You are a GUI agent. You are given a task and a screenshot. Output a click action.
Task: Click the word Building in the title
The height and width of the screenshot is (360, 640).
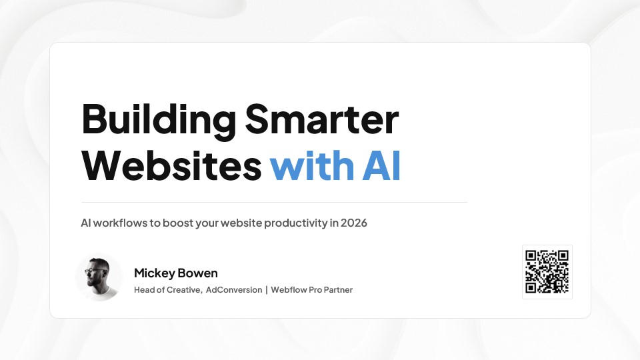(x=159, y=121)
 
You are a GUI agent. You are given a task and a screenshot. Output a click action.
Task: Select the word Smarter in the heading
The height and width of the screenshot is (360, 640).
(x=322, y=119)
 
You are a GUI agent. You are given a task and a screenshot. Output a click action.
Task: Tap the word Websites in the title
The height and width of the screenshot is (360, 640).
(x=171, y=165)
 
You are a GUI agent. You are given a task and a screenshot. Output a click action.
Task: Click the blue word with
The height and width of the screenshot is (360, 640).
(x=312, y=165)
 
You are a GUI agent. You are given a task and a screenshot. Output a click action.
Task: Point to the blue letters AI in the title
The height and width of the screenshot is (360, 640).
(x=381, y=165)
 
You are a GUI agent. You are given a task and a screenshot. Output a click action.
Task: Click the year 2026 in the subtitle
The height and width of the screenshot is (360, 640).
(x=354, y=223)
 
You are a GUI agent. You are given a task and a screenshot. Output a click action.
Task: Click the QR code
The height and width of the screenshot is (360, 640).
(x=547, y=272)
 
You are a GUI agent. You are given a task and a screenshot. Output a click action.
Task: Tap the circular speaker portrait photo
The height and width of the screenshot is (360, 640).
(x=99, y=277)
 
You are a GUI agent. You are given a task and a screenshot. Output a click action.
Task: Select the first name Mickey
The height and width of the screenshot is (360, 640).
(x=154, y=273)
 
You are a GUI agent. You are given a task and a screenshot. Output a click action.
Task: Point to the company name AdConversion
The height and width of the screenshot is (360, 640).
(x=234, y=290)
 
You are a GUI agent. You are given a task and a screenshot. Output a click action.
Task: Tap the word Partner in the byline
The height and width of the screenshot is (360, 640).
(x=339, y=290)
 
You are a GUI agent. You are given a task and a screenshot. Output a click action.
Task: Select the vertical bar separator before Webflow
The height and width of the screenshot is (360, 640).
(x=267, y=290)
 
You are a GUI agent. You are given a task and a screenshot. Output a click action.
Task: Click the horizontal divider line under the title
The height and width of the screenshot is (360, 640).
(x=274, y=202)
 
